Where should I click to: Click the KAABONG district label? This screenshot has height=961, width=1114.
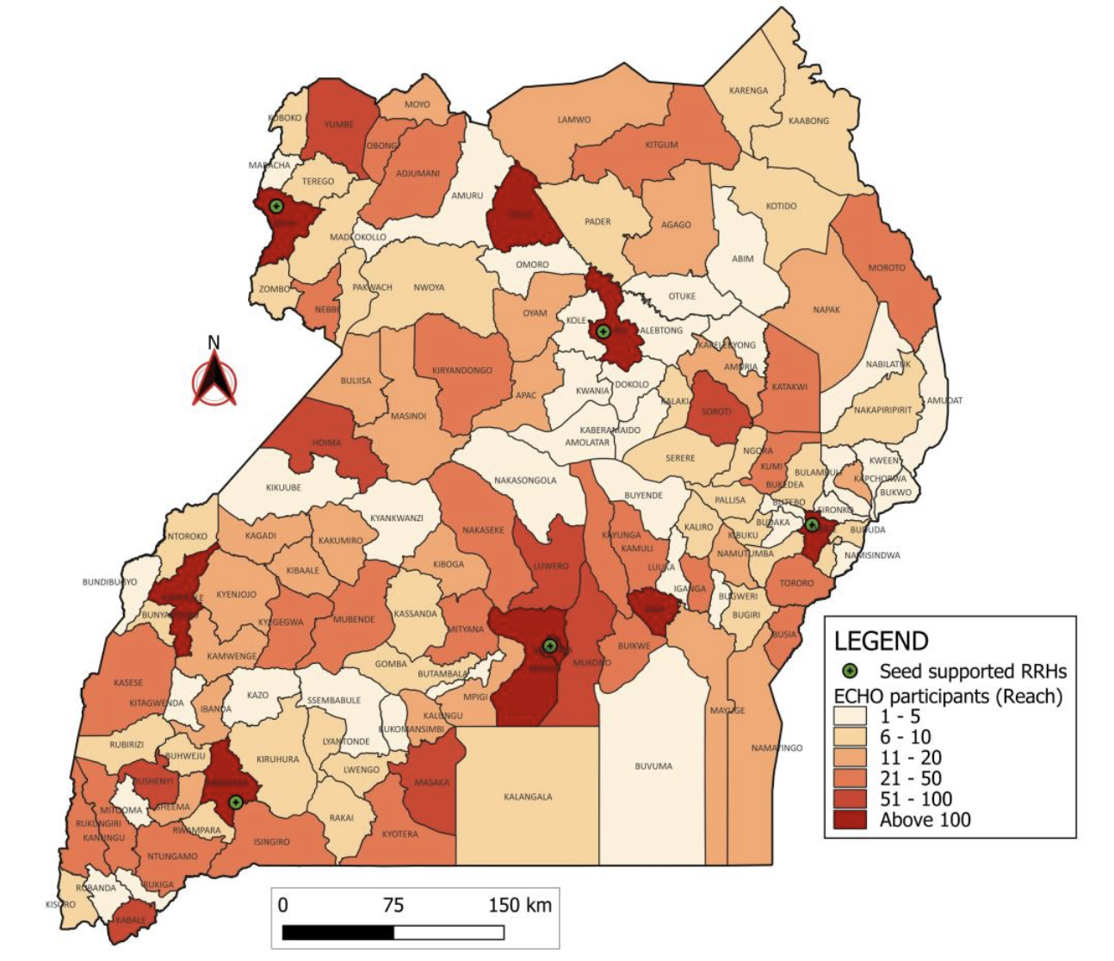pos(808,121)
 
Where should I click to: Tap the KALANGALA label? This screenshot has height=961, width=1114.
pos(528,797)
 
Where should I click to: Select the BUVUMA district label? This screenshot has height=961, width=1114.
pos(653,766)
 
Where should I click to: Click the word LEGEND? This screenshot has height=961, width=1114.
pos(881,641)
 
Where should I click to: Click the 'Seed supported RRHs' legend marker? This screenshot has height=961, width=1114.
pos(850,670)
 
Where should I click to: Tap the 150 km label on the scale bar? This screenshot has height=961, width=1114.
pos(519,905)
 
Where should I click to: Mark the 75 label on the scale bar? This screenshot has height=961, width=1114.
pos(393,905)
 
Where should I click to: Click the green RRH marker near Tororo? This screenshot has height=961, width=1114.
pos(812,524)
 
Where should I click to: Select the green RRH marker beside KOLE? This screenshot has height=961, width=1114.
pos(603,331)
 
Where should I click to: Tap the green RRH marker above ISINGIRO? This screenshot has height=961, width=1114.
pos(236,802)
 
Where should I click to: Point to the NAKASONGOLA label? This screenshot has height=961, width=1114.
pos(525,480)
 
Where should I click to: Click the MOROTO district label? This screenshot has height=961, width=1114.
pos(886,268)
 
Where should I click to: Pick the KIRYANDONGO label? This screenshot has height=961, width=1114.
pos(462,370)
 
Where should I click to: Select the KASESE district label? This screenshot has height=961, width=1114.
pos(128,683)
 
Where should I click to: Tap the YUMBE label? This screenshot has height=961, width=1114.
pos(338,124)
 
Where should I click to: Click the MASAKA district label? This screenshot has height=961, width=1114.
pos(431,783)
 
